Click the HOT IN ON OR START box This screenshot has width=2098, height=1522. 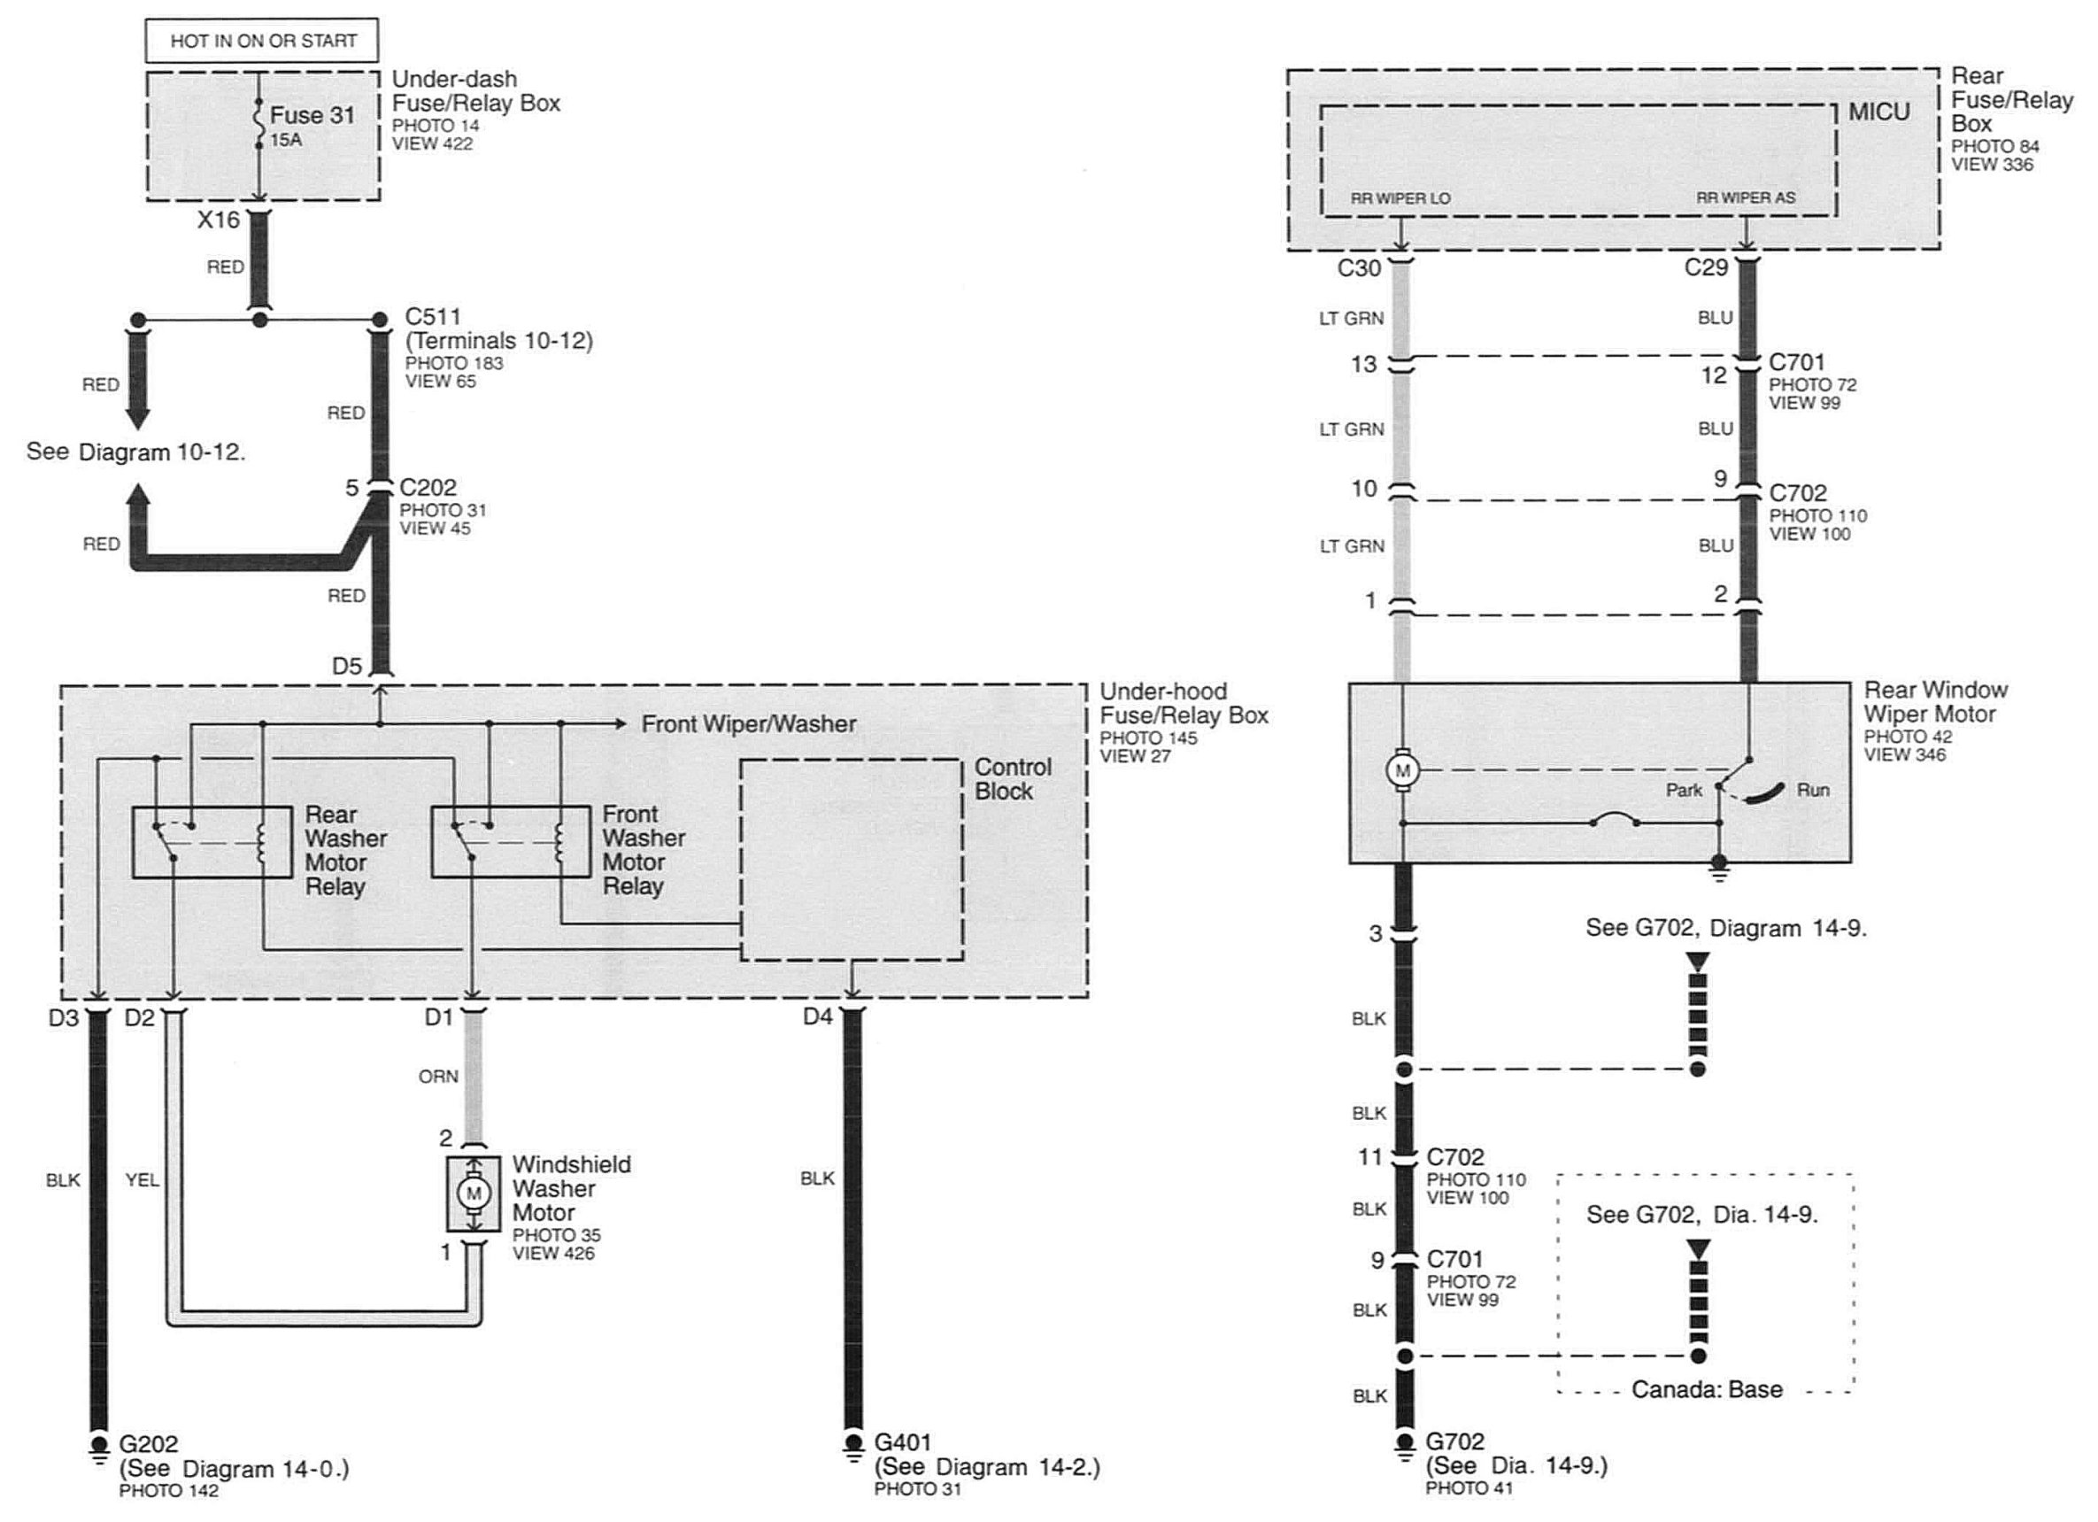[x=262, y=41]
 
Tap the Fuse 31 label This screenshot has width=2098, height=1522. [x=312, y=116]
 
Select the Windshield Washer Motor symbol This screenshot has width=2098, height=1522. [x=474, y=1193]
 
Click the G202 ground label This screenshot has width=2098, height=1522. [x=148, y=1443]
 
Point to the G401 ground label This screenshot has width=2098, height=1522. [x=903, y=1441]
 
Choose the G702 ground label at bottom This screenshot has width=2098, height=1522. [x=1455, y=1441]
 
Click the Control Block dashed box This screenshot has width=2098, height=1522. [x=852, y=861]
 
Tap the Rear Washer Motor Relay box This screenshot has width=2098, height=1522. [x=200, y=842]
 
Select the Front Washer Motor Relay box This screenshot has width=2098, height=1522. [x=511, y=842]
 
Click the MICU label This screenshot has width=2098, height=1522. [x=1878, y=112]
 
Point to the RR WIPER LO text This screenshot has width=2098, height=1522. [x=1400, y=198]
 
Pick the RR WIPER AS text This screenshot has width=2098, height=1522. [x=1746, y=198]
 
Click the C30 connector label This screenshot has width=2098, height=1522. [x=1359, y=268]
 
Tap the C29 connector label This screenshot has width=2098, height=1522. [x=1706, y=267]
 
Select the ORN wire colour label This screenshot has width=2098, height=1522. [x=438, y=1076]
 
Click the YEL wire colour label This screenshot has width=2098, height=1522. [x=142, y=1179]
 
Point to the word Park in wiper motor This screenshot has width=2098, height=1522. [x=1684, y=790]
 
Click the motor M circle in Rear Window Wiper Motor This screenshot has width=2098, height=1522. [x=1402, y=769]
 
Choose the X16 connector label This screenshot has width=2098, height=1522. [x=219, y=220]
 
